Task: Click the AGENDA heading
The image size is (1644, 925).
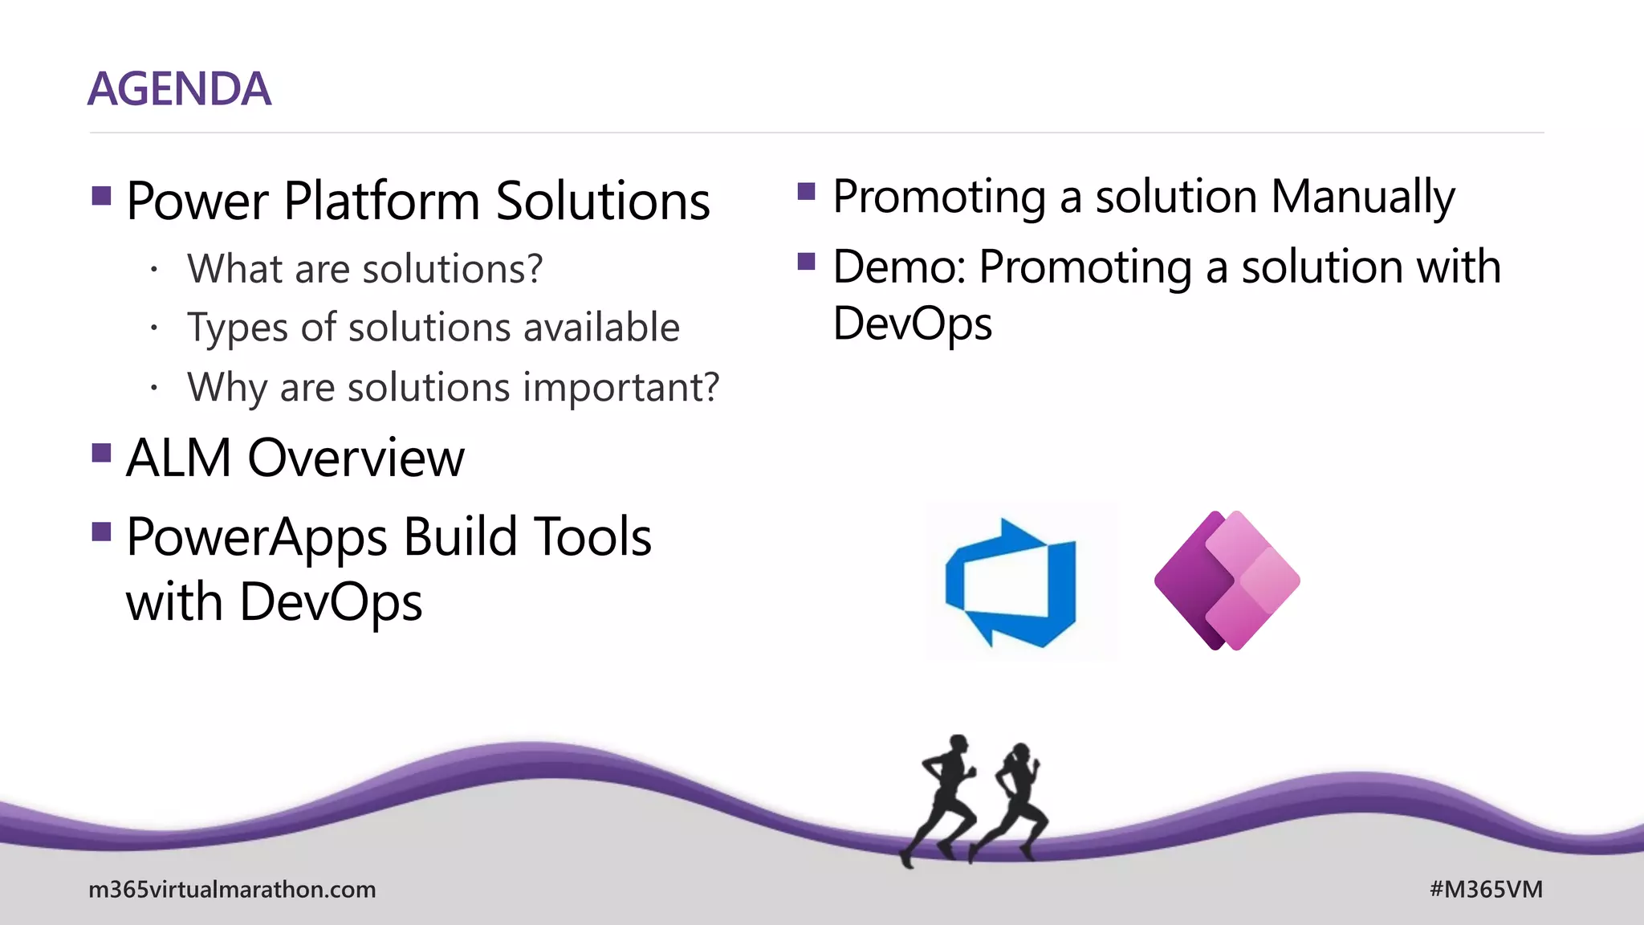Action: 179,89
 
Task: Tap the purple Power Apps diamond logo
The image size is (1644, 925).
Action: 1227,581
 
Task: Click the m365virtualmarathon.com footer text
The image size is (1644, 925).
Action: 232,890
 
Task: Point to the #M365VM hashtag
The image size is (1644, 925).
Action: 1486,890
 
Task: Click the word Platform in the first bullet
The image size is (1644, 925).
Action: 381,201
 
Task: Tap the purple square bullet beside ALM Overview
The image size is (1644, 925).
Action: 101,454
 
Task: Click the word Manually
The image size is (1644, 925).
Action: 1362,198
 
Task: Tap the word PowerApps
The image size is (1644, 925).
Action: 257,538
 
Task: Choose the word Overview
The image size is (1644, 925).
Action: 356,458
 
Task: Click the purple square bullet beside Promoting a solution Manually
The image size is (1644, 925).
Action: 807,192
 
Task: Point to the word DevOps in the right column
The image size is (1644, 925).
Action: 913,324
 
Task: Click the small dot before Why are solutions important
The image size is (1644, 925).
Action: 153,389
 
